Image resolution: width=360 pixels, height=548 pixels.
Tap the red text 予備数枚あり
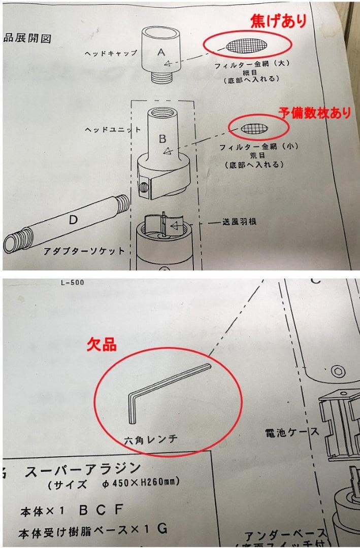click(x=314, y=112)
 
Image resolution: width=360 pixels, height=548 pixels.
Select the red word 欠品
click(x=103, y=345)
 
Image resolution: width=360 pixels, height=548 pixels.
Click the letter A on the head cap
click(x=161, y=51)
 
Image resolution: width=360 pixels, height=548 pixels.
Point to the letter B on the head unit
click(x=162, y=139)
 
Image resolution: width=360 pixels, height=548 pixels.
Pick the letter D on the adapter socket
click(x=73, y=220)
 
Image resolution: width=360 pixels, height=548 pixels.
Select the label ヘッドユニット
click(x=113, y=130)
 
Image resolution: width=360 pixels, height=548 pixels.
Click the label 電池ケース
click(x=291, y=432)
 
